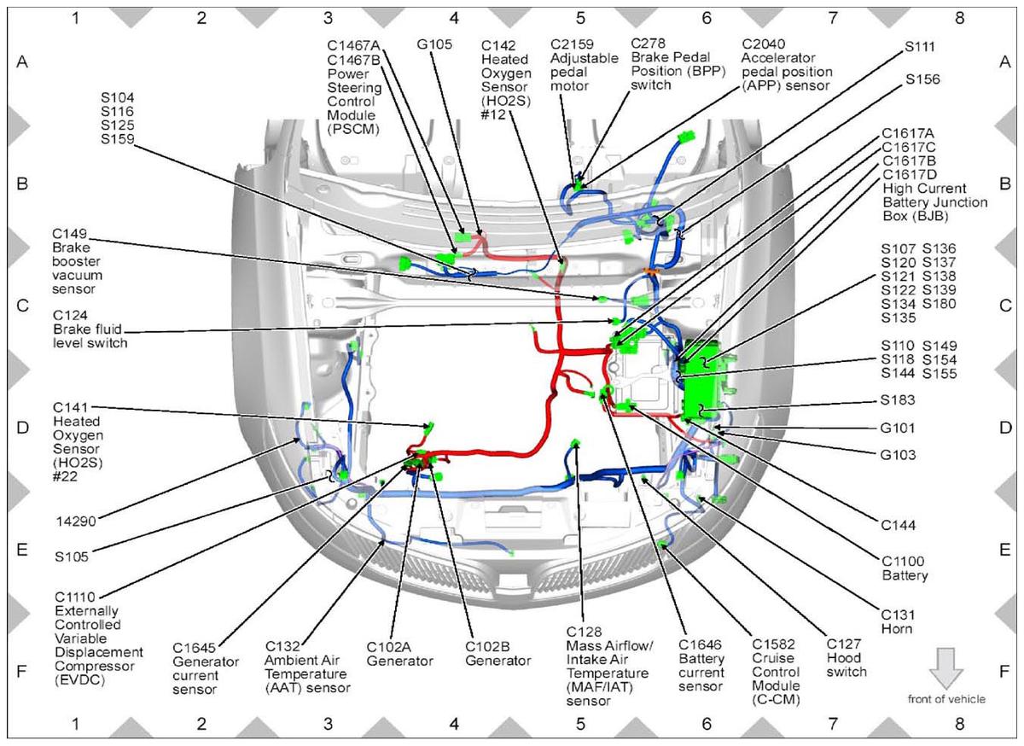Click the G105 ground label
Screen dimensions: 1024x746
(433, 44)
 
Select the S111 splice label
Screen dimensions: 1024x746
(919, 47)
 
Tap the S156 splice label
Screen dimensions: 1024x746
(922, 79)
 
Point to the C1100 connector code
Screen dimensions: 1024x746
(903, 562)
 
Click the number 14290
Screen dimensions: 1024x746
(76, 522)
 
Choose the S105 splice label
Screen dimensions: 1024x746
(72, 557)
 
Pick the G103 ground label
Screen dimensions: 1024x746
(898, 455)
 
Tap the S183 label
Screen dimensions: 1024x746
(898, 400)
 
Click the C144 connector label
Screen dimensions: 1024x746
(899, 525)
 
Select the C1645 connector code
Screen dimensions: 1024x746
(194, 648)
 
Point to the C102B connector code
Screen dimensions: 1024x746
(487, 647)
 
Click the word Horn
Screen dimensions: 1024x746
(897, 629)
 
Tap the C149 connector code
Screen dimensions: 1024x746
(69, 234)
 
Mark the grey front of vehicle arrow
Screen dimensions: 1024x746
(945, 668)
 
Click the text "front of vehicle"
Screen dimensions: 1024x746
(946, 699)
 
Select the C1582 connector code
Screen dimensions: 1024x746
(773, 644)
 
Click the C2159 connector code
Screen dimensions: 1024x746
(572, 44)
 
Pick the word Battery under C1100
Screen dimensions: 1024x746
(905, 575)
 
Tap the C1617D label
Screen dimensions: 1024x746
(910, 175)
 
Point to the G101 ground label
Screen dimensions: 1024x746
(898, 428)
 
